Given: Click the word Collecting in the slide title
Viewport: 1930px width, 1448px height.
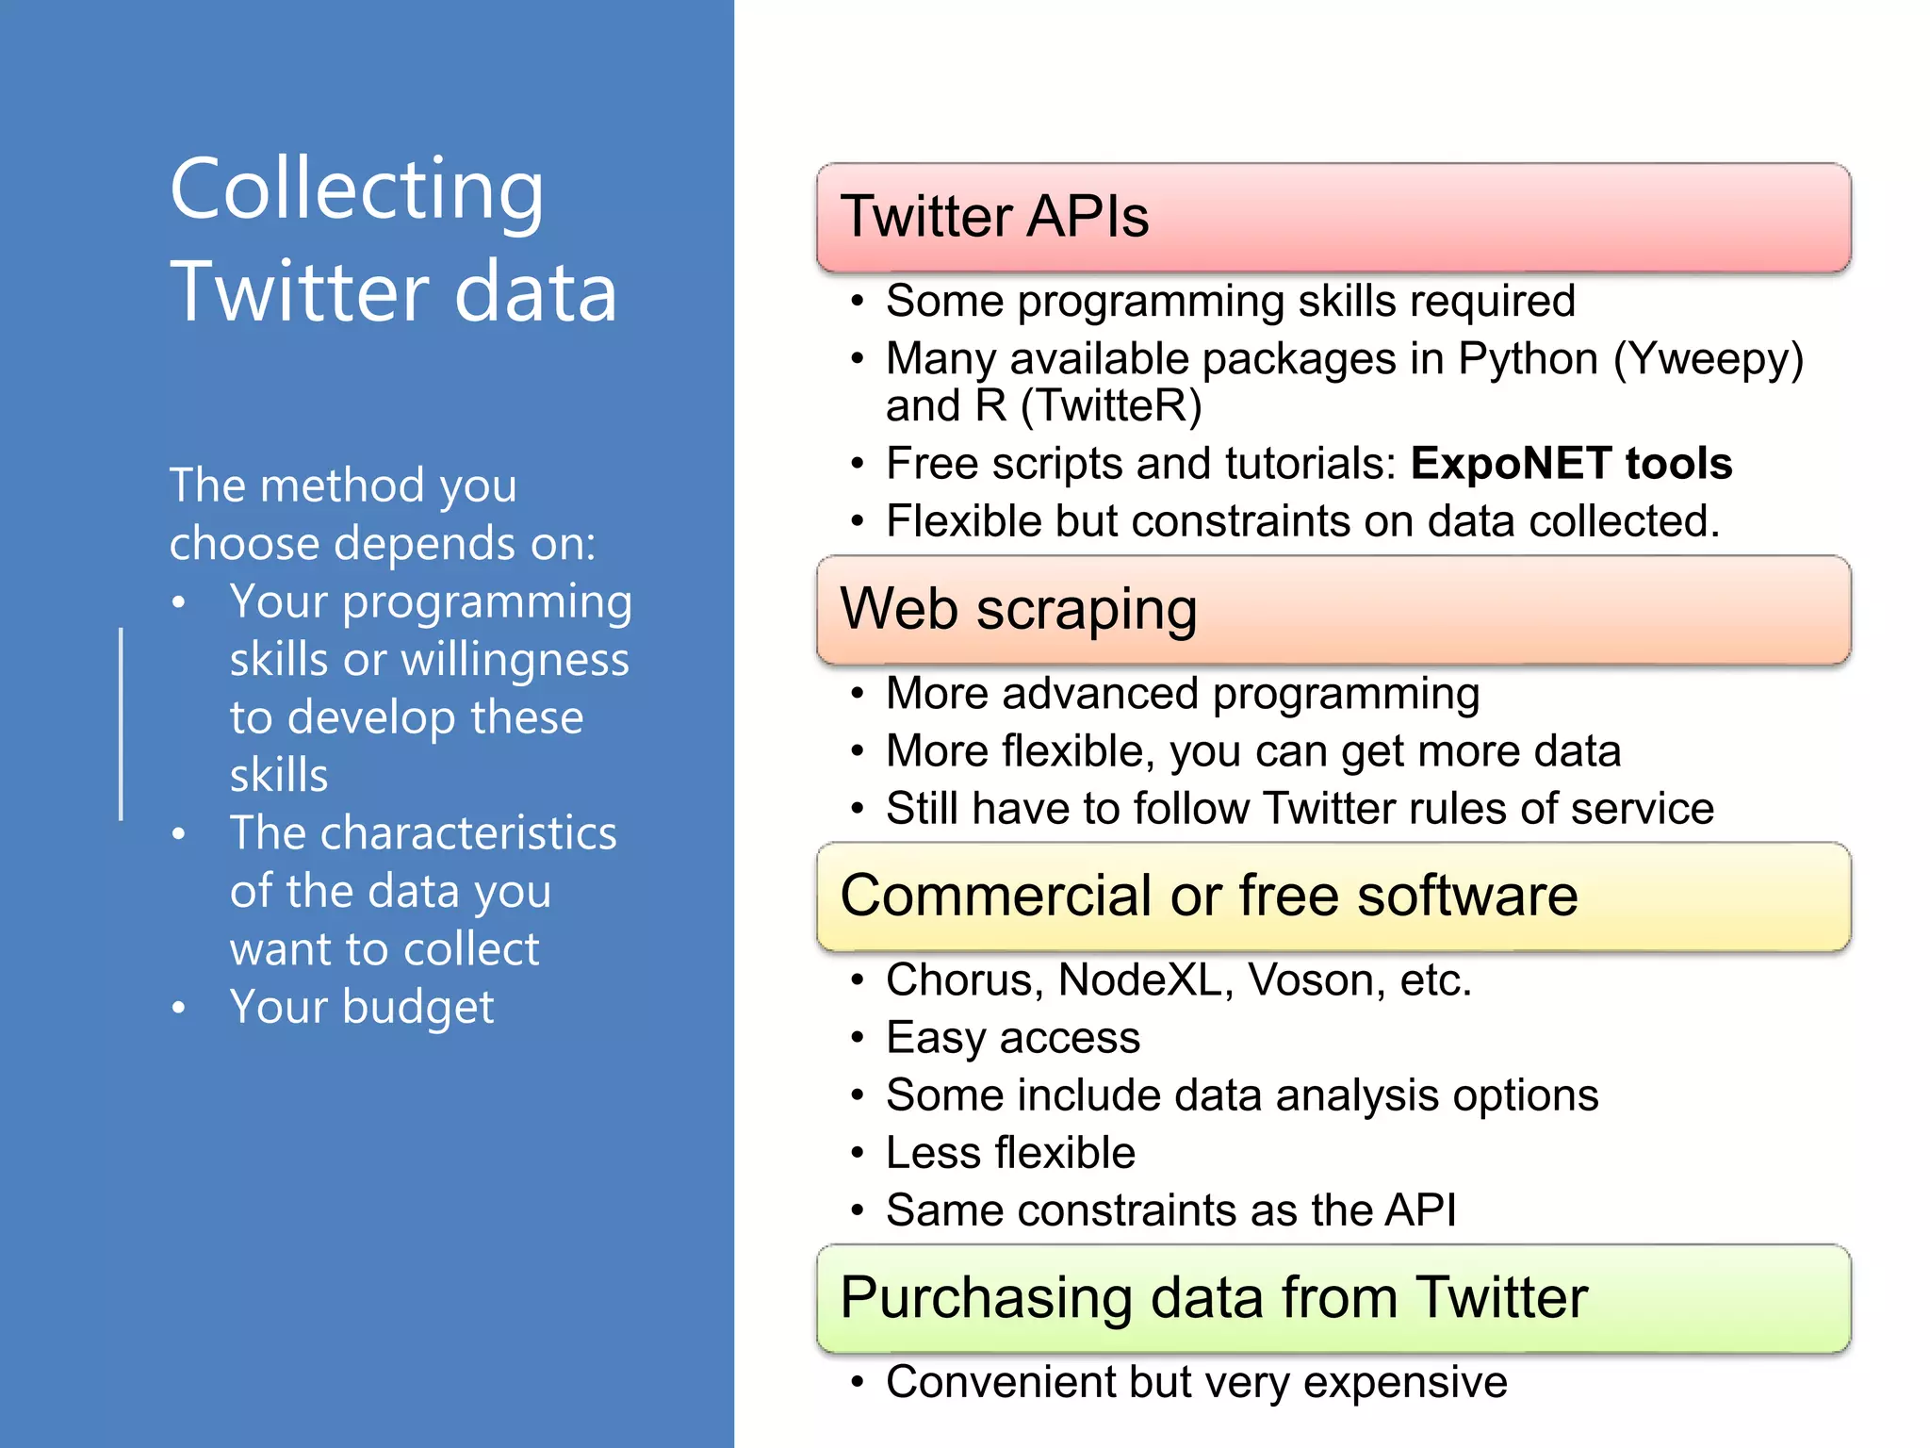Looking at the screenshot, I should [x=356, y=190].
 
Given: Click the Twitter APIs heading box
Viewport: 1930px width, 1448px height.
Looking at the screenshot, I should [x=1333, y=217].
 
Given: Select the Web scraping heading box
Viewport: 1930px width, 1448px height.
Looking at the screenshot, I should [x=1333, y=609].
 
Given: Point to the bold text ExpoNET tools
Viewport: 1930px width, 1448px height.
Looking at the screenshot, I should [x=1571, y=464].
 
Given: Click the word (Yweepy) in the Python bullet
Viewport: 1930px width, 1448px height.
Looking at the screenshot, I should [x=1708, y=359].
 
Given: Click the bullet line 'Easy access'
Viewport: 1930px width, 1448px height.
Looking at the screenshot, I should [x=1013, y=1038].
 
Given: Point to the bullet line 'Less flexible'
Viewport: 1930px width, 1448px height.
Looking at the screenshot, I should [x=1010, y=1153].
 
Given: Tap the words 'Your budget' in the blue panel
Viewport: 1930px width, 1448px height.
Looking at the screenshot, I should [x=361, y=1007].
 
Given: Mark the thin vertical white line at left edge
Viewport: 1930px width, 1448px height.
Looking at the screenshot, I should [x=121, y=724].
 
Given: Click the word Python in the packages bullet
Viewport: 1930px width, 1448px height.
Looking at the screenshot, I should [x=1528, y=359].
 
